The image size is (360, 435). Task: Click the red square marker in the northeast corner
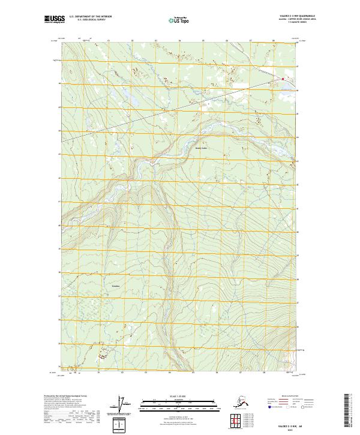(283, 79)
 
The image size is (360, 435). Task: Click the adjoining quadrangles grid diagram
(236, 419)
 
